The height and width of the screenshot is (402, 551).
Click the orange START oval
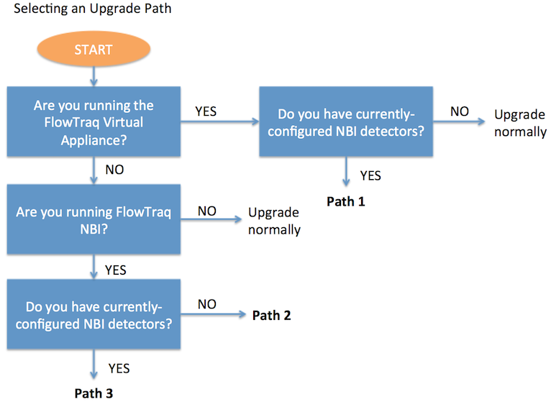(x=94, y=49)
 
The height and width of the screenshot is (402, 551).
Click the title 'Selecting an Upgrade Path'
(x=92, y=9)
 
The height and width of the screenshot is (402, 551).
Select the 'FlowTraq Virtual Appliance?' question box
(x=94, y=122)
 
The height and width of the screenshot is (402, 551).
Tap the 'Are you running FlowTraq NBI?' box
(x=94, y=219)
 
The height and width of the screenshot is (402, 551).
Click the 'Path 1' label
(x=346, y=201)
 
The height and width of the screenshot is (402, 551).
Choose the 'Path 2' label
(x=272, y=315)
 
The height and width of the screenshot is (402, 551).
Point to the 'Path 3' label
(x=94, y=393)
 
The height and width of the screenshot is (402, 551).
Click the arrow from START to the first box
(x=94, y=76)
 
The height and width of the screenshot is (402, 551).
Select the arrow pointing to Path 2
(x=214, y=314)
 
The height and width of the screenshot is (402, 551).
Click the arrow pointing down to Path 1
(x=346, y=171)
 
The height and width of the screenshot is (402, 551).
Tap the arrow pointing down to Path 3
(x=94, y=364)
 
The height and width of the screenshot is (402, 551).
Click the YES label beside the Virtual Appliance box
(x=206, y=111)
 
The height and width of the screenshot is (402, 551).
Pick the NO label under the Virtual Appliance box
(x=114, y=170)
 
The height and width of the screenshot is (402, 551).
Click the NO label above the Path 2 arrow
(x=207, y=304)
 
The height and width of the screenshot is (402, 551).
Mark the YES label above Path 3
(x=119, y=369)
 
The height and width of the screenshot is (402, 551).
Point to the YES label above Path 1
(x=370, y=175)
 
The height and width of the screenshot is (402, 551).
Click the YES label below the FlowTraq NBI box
(x=116, y=270)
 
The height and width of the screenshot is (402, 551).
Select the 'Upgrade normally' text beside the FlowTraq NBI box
(x=275, y=221)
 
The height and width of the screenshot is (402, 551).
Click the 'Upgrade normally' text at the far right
(x=520, y=124)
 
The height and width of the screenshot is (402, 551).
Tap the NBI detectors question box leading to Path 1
(x=346, y=122)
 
